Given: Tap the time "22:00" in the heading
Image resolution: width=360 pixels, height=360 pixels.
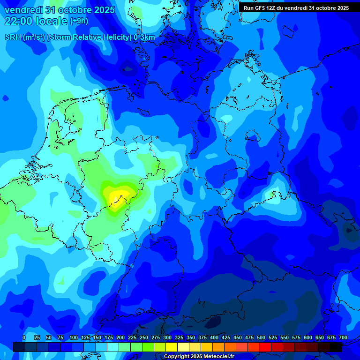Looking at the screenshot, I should tap(18, 21).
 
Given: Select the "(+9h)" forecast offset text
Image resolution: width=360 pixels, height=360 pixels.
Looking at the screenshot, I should tap(78, 21).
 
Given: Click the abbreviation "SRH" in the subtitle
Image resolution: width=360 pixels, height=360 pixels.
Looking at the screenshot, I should tap(13, 37).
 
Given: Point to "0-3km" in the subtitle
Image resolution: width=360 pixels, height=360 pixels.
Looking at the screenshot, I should tap(144, 37).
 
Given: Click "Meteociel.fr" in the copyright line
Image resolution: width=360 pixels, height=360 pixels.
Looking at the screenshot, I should tap(217, 357).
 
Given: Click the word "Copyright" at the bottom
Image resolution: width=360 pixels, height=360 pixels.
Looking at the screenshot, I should tap(176, 357).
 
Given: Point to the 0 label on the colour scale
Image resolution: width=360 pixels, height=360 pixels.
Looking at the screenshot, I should tap(24, 338).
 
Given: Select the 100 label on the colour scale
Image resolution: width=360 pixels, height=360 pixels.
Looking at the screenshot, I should tap(74, 338).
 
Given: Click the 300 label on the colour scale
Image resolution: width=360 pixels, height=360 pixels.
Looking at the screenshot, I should tap(167, 338).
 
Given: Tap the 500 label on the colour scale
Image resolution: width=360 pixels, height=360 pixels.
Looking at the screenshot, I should tap(261, 338).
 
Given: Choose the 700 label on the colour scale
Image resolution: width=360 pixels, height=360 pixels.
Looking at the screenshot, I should tap(343, 338).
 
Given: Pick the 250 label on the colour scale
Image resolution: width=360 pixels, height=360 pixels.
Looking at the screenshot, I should tap(144, 338).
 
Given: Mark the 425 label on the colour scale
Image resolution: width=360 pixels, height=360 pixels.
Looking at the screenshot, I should tap(226, 338).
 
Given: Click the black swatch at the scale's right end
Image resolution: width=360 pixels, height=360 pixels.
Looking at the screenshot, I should tap(336, 347).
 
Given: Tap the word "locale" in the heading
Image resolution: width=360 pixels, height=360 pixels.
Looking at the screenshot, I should tap(52, 21).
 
